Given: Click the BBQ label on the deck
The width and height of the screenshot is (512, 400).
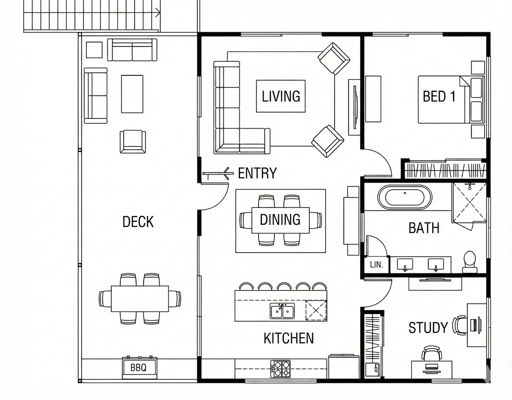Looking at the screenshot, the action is point(138,367).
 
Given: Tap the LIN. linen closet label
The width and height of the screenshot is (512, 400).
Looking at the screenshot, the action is point(376,265).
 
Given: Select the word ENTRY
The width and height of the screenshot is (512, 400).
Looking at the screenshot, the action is point(257,173).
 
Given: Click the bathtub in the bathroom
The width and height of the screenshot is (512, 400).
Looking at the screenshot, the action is point(405,197).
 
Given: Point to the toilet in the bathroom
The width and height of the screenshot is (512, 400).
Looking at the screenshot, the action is point(470,262).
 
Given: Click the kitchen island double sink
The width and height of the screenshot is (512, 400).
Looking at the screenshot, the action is point(282,311).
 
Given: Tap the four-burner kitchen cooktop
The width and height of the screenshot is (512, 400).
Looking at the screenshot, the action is point(281,369).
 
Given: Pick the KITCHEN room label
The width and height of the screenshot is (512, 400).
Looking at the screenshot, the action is point(289,339).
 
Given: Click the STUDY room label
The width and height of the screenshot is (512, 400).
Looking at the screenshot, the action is point(428,328).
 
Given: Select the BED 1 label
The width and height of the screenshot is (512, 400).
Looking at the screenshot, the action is point(439,96).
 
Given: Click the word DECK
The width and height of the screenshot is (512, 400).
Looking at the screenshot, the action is point(138,222).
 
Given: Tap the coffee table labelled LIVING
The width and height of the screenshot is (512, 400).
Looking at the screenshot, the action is point(281,96).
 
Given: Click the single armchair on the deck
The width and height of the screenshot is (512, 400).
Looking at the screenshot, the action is point(133,141).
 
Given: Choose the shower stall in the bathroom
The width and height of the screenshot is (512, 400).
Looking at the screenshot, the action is point(469,202).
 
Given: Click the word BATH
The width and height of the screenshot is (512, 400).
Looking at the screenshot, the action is point(424,228).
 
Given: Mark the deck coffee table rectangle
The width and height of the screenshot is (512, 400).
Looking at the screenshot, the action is point(132,94).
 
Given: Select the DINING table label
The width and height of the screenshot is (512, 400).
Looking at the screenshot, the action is point(280,220).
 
